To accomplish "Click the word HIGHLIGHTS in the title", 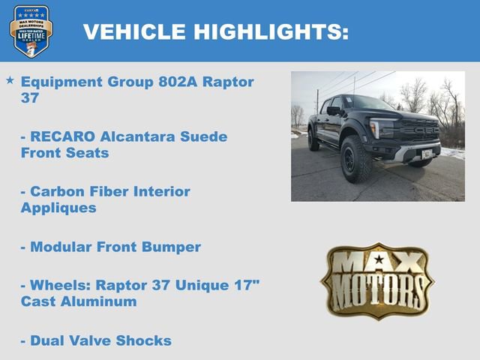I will (271, 32).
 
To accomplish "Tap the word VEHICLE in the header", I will (133, 32).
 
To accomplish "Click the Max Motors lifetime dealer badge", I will (31, 31).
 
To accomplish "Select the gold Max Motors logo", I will (377, 280).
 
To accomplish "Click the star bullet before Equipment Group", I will (10, 79).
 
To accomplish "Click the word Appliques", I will (58, 208).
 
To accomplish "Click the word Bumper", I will (172, 247).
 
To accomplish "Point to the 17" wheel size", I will (247, 285).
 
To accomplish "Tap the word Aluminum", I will (102, 301).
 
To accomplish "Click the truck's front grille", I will (418, 129).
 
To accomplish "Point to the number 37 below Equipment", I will (31, 97).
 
